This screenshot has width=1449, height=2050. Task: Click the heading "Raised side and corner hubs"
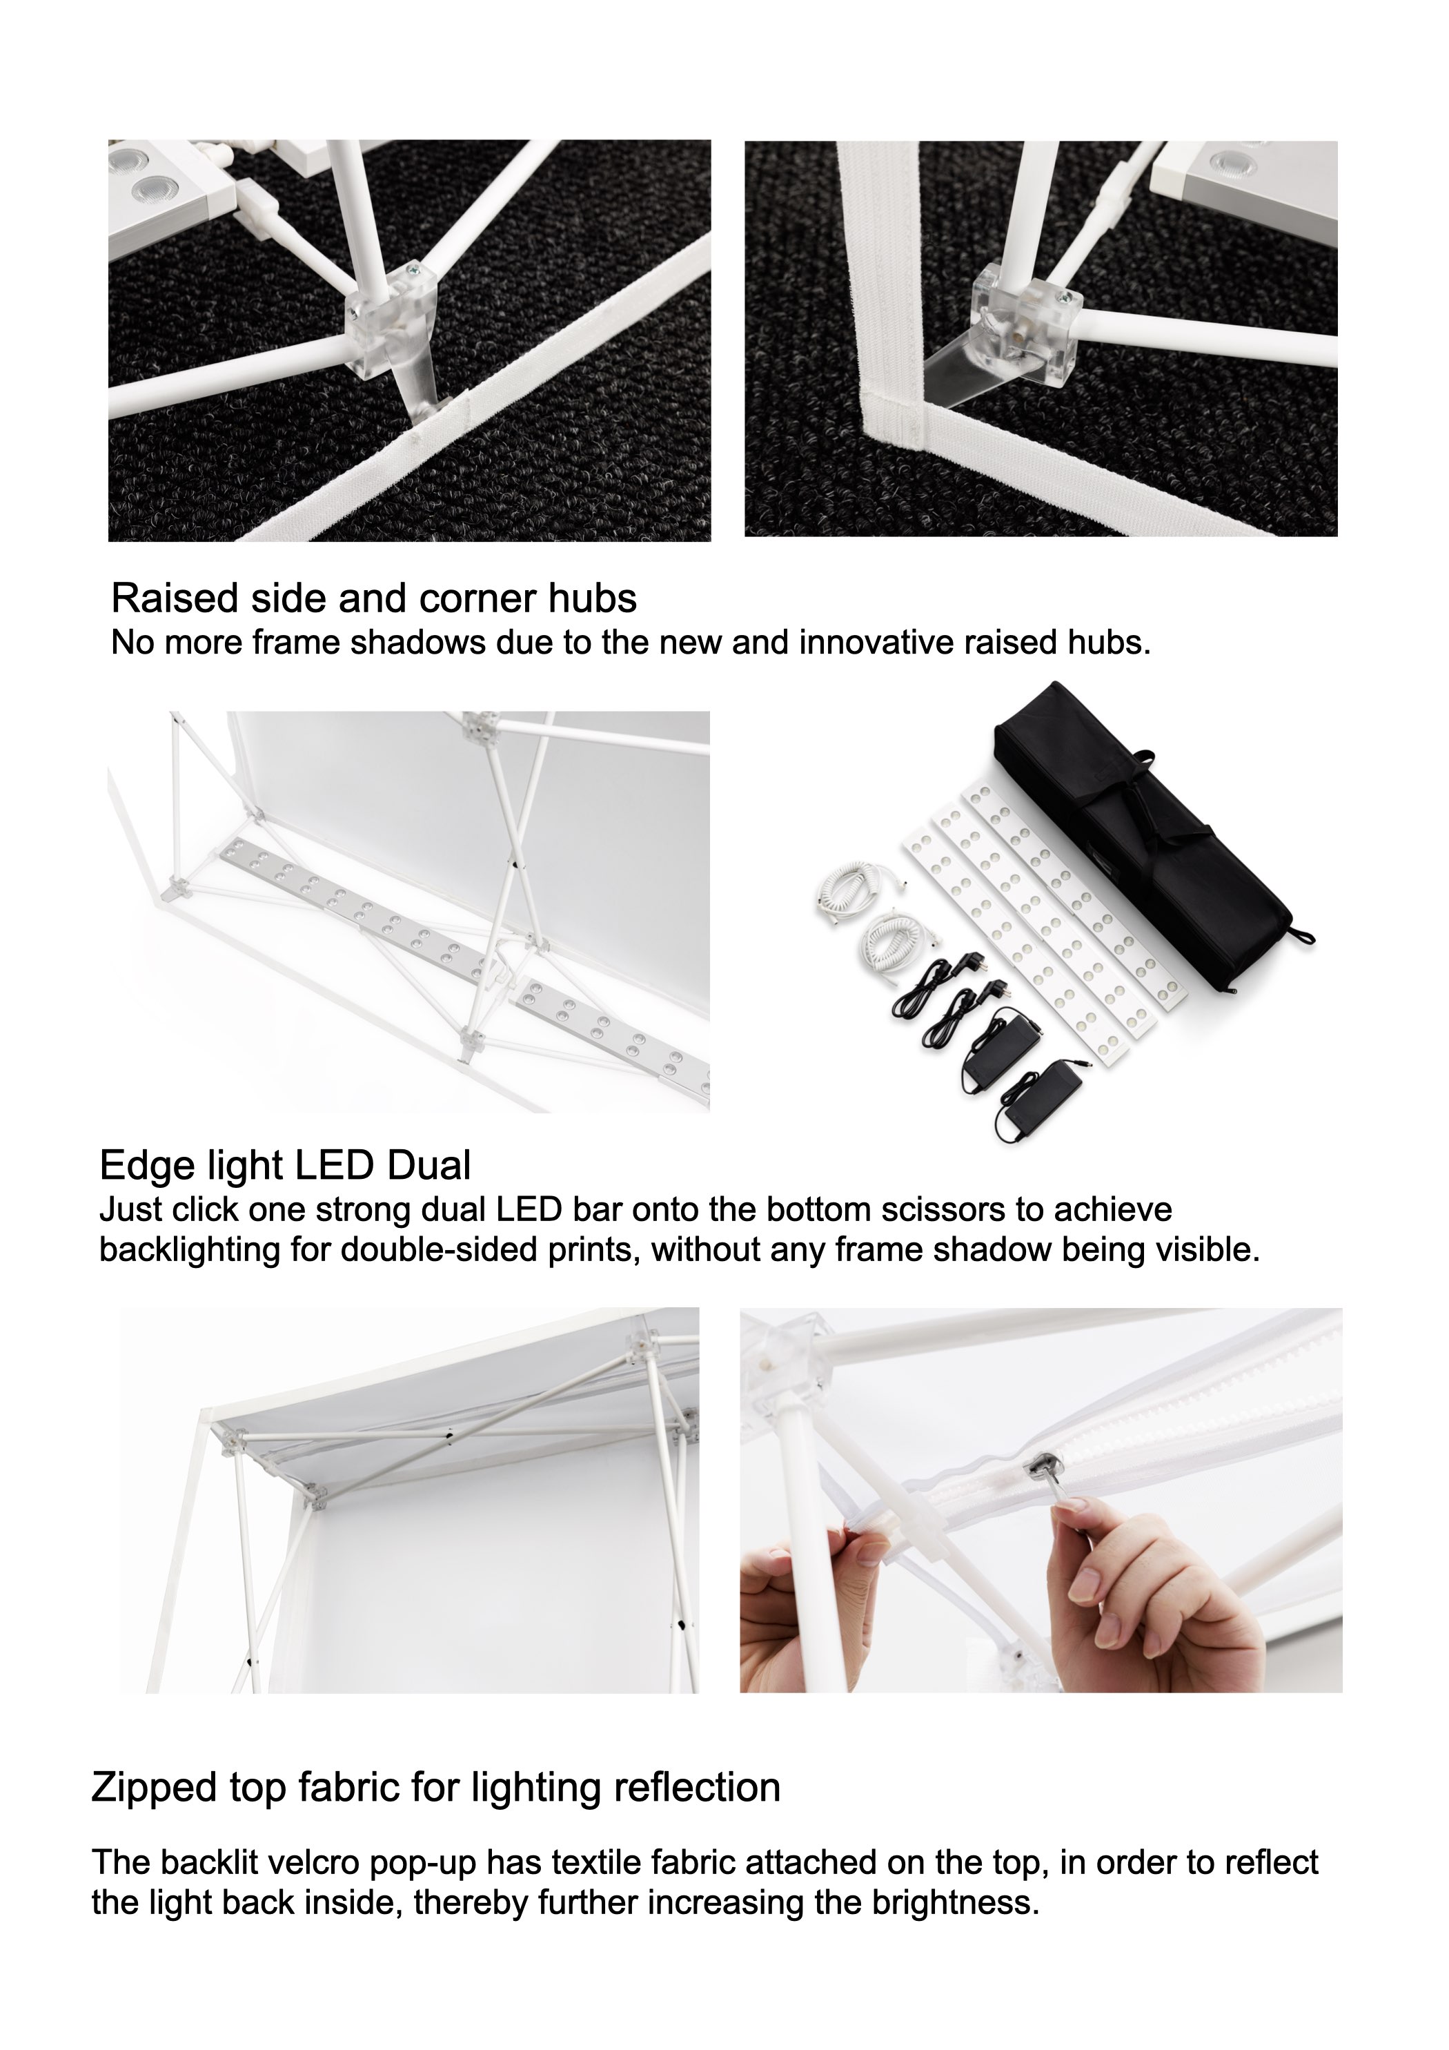coord(373,599)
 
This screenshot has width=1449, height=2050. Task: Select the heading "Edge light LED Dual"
coord(285,1166)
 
